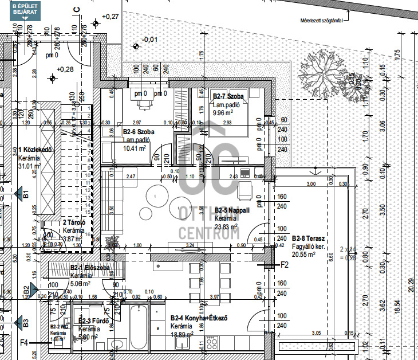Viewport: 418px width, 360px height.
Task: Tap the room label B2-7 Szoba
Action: (228, 97)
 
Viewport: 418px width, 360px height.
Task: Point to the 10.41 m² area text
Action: (135, 147)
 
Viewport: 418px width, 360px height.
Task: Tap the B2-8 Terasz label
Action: (309, 238)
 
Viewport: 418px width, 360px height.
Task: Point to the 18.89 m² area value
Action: (182, 334)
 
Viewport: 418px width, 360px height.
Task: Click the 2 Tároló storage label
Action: (74, 222)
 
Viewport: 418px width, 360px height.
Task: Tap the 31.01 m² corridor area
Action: (30, 166)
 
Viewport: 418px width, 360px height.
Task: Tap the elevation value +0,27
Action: (109, 17)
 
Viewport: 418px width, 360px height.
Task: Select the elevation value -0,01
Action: (149, 39)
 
